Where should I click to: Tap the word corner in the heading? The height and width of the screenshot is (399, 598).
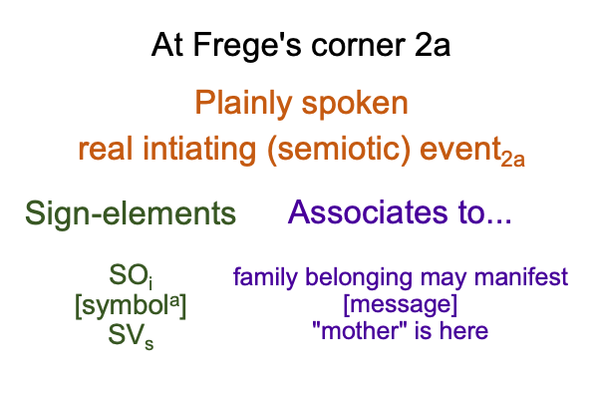click(x=358, y=46)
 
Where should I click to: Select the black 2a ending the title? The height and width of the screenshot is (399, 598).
click(x=433, y=45)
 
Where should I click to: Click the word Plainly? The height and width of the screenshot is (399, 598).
click(x=243, y=104)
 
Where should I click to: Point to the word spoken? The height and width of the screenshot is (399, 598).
click(x=355, y=104)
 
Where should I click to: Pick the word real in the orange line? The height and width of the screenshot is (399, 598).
click(x=106, y=149)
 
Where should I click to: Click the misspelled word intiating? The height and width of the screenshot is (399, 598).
click(x=198, y=150)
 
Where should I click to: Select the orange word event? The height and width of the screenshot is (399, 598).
click(x=459, y=150)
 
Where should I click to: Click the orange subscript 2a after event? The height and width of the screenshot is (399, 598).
click(x=513, y=160)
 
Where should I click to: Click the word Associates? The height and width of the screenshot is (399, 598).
click(x=367, y=212)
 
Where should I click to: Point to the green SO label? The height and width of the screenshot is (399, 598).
click(x=131, y=276)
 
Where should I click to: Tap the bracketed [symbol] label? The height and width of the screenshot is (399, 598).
click(x=131, y=306)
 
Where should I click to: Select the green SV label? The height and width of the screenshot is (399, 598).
click(x=131, y=335)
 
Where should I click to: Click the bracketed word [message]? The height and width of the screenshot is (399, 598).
click(x=400, y=304)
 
